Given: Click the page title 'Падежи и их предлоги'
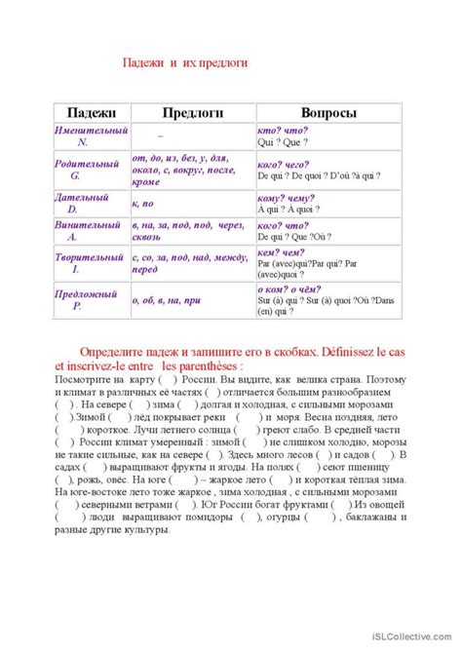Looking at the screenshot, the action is click(185, 62).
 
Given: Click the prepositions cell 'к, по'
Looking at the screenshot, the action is click(142, 204).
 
